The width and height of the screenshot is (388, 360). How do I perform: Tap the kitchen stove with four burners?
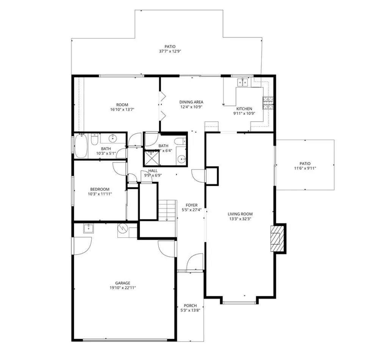click(268, 103)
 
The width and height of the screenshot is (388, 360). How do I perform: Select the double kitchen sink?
click(243, 82)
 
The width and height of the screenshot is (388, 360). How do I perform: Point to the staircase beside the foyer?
click(167, 210)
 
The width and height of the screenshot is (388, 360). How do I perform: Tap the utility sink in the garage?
click(88, 229)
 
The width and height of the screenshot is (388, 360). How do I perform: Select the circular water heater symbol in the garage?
click(123, 228)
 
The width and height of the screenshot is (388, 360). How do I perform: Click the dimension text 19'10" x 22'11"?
click(123, 288)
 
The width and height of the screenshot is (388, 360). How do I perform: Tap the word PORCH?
click(190, 305)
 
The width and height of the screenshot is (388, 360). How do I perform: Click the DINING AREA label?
click(191, 102)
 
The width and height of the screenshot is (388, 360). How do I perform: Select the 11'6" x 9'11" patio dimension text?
click(305, 168)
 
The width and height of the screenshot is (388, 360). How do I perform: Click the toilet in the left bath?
click(94, 140)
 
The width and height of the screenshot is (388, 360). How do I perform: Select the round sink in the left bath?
click(113, 137)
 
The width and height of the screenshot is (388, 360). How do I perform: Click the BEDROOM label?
click(100, 189)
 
